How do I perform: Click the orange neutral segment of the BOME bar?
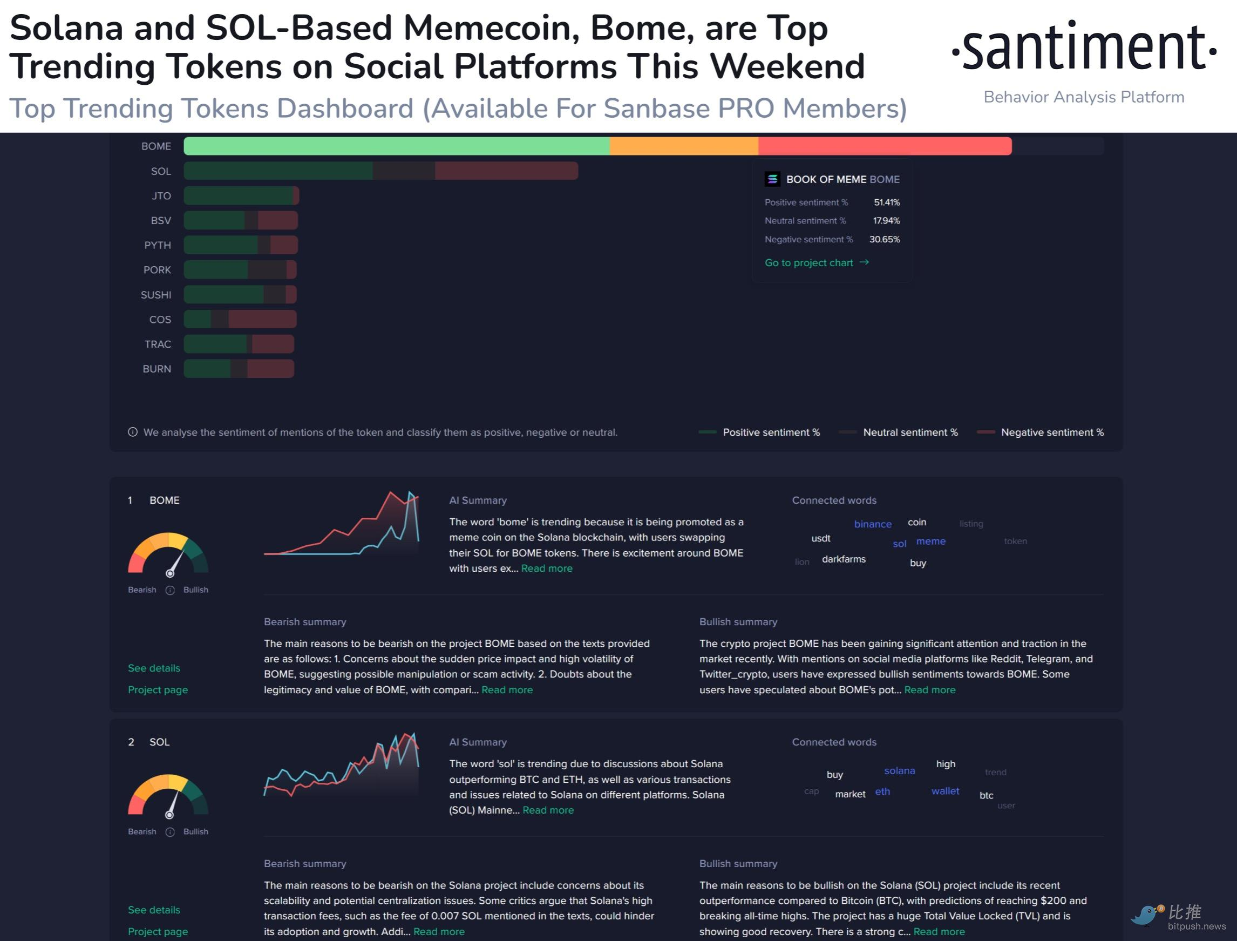point(683,146)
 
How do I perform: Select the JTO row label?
point(161,196)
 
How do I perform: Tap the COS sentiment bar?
point(240,319)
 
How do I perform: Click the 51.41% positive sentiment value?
point(886,202)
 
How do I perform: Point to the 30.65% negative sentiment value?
point(884,239)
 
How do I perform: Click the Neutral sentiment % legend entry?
point(910,432)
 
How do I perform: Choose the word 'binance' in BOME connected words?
point(873,524)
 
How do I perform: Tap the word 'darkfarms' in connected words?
point(844,559)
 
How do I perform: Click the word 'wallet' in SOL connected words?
point(944,791)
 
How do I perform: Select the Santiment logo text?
point(1084,48)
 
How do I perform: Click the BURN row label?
point(157,369)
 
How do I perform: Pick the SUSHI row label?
point(155,295)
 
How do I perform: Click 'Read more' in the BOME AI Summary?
point(547,568)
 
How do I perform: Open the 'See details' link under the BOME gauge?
point(154,668)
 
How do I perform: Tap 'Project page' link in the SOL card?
point(158,931)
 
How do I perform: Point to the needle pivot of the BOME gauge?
point(169,573)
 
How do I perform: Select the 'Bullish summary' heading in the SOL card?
point(738,864)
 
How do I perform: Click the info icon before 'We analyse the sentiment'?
point(133,432)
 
